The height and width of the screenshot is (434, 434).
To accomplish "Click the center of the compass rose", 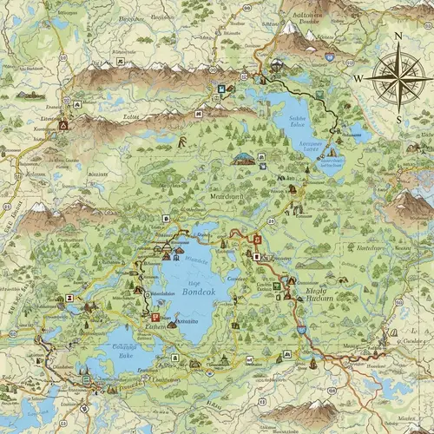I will [x=396, y=76].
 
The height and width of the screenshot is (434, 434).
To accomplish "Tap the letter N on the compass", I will [x=398, y=36].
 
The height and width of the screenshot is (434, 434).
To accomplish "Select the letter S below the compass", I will [x=398, y=119].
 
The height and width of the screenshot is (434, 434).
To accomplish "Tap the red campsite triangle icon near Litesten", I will [x=62, y=124].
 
